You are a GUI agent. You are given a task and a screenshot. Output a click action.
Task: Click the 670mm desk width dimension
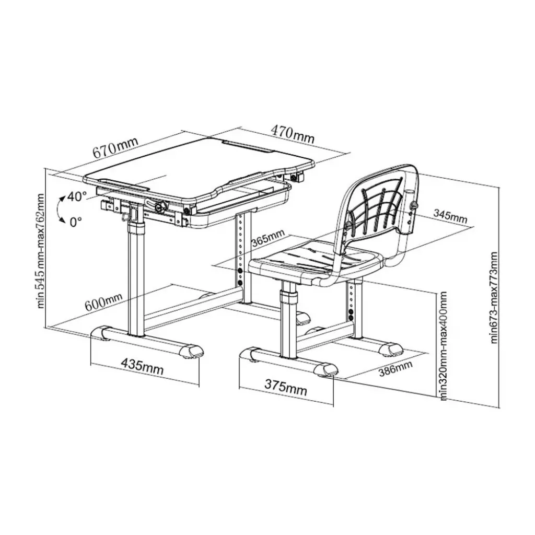[116, 148]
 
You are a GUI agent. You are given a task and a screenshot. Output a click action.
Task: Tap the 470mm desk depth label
[293, 134]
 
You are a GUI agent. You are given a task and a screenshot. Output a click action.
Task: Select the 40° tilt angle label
[77, 196]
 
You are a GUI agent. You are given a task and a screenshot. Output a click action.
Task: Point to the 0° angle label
[76, 222]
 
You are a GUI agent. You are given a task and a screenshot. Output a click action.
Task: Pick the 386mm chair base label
[396, 368]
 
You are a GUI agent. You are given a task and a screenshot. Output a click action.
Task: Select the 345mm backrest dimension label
[450, 215]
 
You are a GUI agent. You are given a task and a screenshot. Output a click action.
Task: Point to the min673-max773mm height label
[494, 297]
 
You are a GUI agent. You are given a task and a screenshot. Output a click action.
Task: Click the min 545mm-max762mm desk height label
[41, 251]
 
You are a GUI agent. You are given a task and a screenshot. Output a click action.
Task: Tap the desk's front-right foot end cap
[192, 351]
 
